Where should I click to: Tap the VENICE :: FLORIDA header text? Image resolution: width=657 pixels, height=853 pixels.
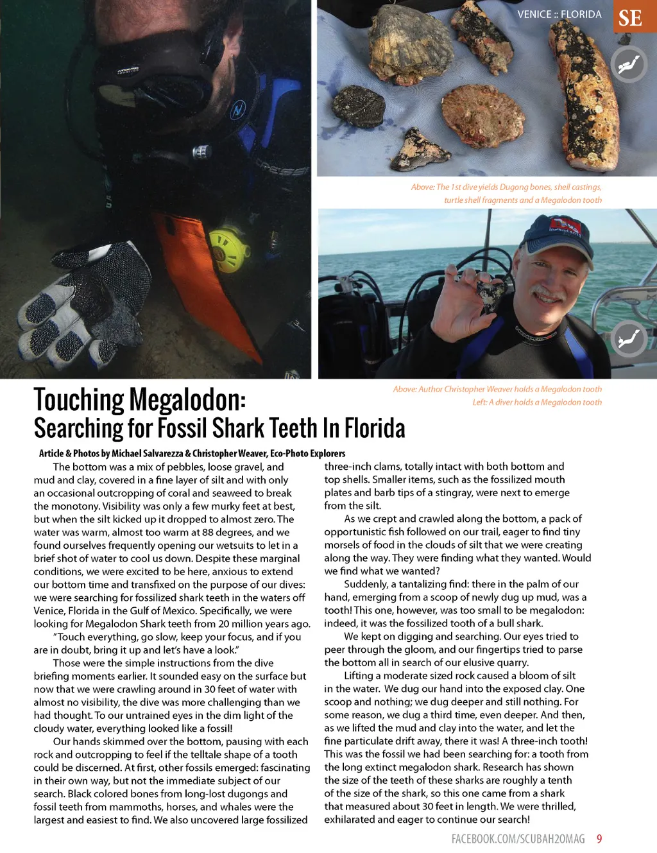pos(559,14)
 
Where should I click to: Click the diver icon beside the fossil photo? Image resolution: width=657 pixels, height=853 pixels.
pos(629,64)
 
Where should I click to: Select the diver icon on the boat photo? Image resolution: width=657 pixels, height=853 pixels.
pos(628,339)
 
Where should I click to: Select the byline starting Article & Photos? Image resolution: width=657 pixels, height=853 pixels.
pos(192,453)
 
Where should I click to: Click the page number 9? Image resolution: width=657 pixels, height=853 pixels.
pos(599,839)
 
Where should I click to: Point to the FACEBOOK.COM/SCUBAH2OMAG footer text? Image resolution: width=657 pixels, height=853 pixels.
pos(518,839)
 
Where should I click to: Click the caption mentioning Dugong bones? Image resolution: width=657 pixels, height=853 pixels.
pos(506,193)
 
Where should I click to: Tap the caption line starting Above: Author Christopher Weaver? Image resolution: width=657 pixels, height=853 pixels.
pos(497,389)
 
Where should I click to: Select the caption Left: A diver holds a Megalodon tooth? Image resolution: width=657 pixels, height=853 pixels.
pos(537,402)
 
